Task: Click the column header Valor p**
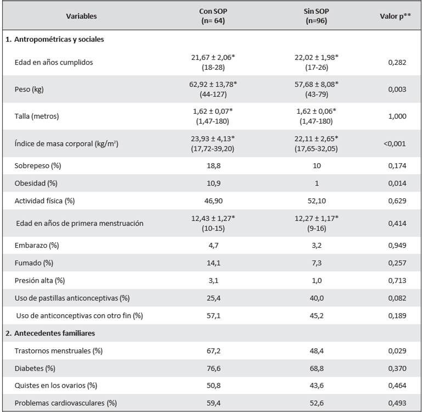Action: (x=395, y=16)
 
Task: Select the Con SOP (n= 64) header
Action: (x=213, y=16)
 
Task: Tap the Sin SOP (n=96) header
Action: (x=316, y=16)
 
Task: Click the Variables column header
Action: (x=81, y=16)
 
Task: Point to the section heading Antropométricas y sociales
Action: (x=59, y=40)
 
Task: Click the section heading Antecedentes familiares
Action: (x=54, y=333)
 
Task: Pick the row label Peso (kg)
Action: (x=29, y=89)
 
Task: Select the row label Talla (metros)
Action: (x=37, y=116)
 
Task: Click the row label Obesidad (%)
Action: (x=36, y=183)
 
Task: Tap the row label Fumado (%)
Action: (x=33, y=263)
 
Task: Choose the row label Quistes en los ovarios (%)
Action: (x=56, y=385)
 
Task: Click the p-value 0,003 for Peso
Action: (x=397, y=89)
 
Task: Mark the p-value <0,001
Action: (x=395, y=143)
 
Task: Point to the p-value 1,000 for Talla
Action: (x=397, y=116)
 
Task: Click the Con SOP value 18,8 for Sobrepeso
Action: (x=213, y=166)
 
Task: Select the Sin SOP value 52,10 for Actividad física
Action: (x=317, y=201)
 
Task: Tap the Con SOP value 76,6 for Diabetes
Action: (x=213, y=369)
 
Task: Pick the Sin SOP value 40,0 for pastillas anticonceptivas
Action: (x=317, y=298)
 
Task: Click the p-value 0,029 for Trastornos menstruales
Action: (x=397, y=351)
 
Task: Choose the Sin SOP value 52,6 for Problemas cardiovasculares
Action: (x=317, y=403)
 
